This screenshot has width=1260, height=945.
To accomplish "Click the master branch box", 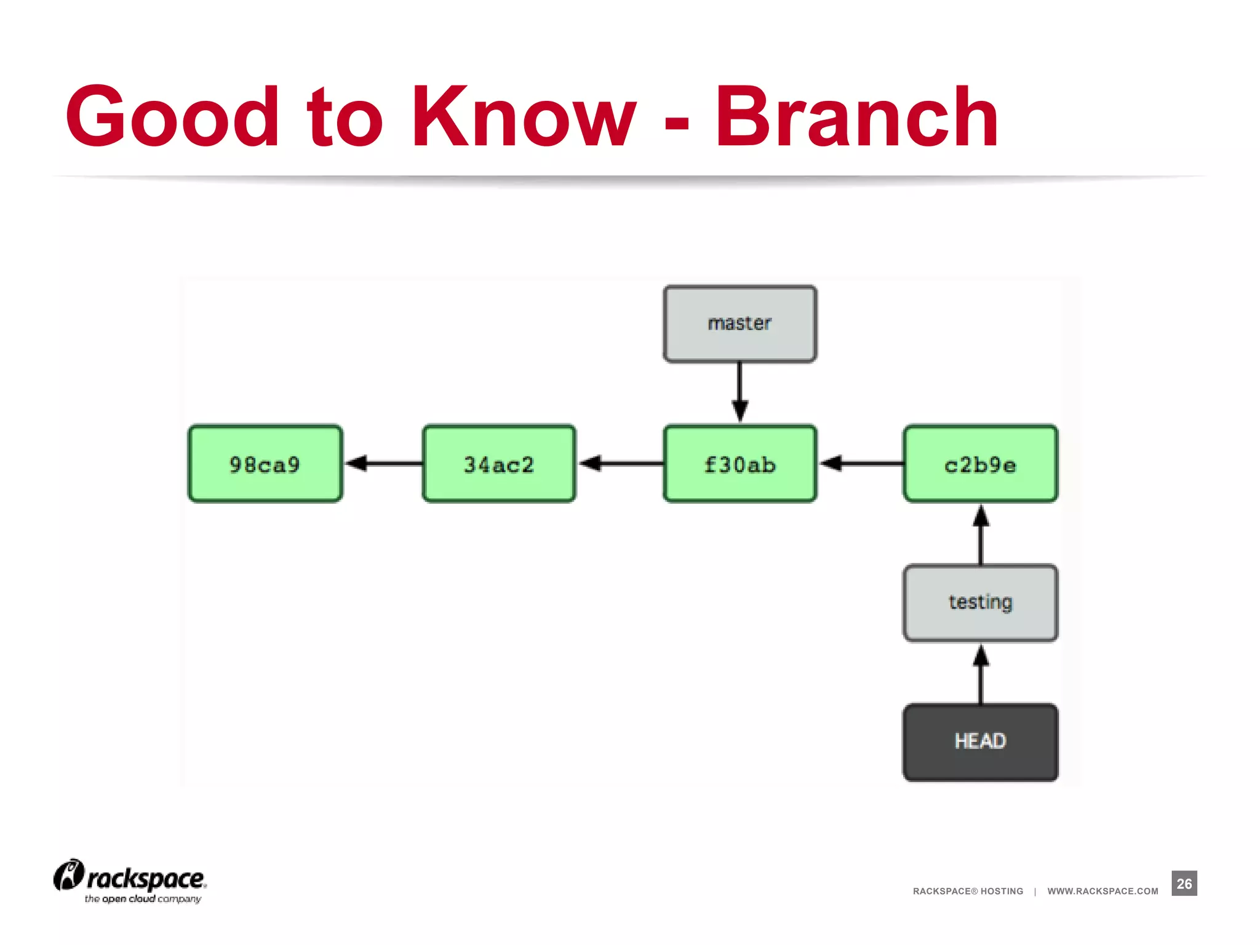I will (x=740, y=324).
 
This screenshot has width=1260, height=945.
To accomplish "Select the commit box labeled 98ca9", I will (x=265, y=464).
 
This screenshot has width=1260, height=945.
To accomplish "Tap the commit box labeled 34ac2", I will (x=499, y=464).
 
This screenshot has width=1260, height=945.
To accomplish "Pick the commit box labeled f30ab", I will (x=740, y=464).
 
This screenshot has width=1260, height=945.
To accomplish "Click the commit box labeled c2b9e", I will (x=980, y=464).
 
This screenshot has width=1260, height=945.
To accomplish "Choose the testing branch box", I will (x=980, y=603).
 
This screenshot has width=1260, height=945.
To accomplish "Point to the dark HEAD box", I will (x=980, y=742).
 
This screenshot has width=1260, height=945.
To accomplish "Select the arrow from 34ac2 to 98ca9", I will (x=383, y=463).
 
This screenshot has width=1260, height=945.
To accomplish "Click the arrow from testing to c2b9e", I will (x=981, y=534).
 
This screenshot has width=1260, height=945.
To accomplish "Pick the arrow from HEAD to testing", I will (x=981, y=673).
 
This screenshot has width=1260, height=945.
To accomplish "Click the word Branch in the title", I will (x=856, y=117).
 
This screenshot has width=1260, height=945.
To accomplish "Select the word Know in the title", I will (x=524, y=117).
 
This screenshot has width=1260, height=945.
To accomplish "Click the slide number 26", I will (x=1184, y=883).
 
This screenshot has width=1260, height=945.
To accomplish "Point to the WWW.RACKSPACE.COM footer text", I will (x=1102, y=891).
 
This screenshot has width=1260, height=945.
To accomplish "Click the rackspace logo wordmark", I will (x=145, y=879).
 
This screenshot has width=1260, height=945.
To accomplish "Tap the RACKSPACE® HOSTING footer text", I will (x=968, y=891).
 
